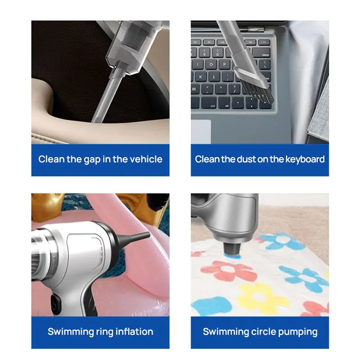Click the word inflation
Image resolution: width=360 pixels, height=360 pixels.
133,332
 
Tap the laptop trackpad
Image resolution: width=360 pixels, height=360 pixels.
201,131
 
